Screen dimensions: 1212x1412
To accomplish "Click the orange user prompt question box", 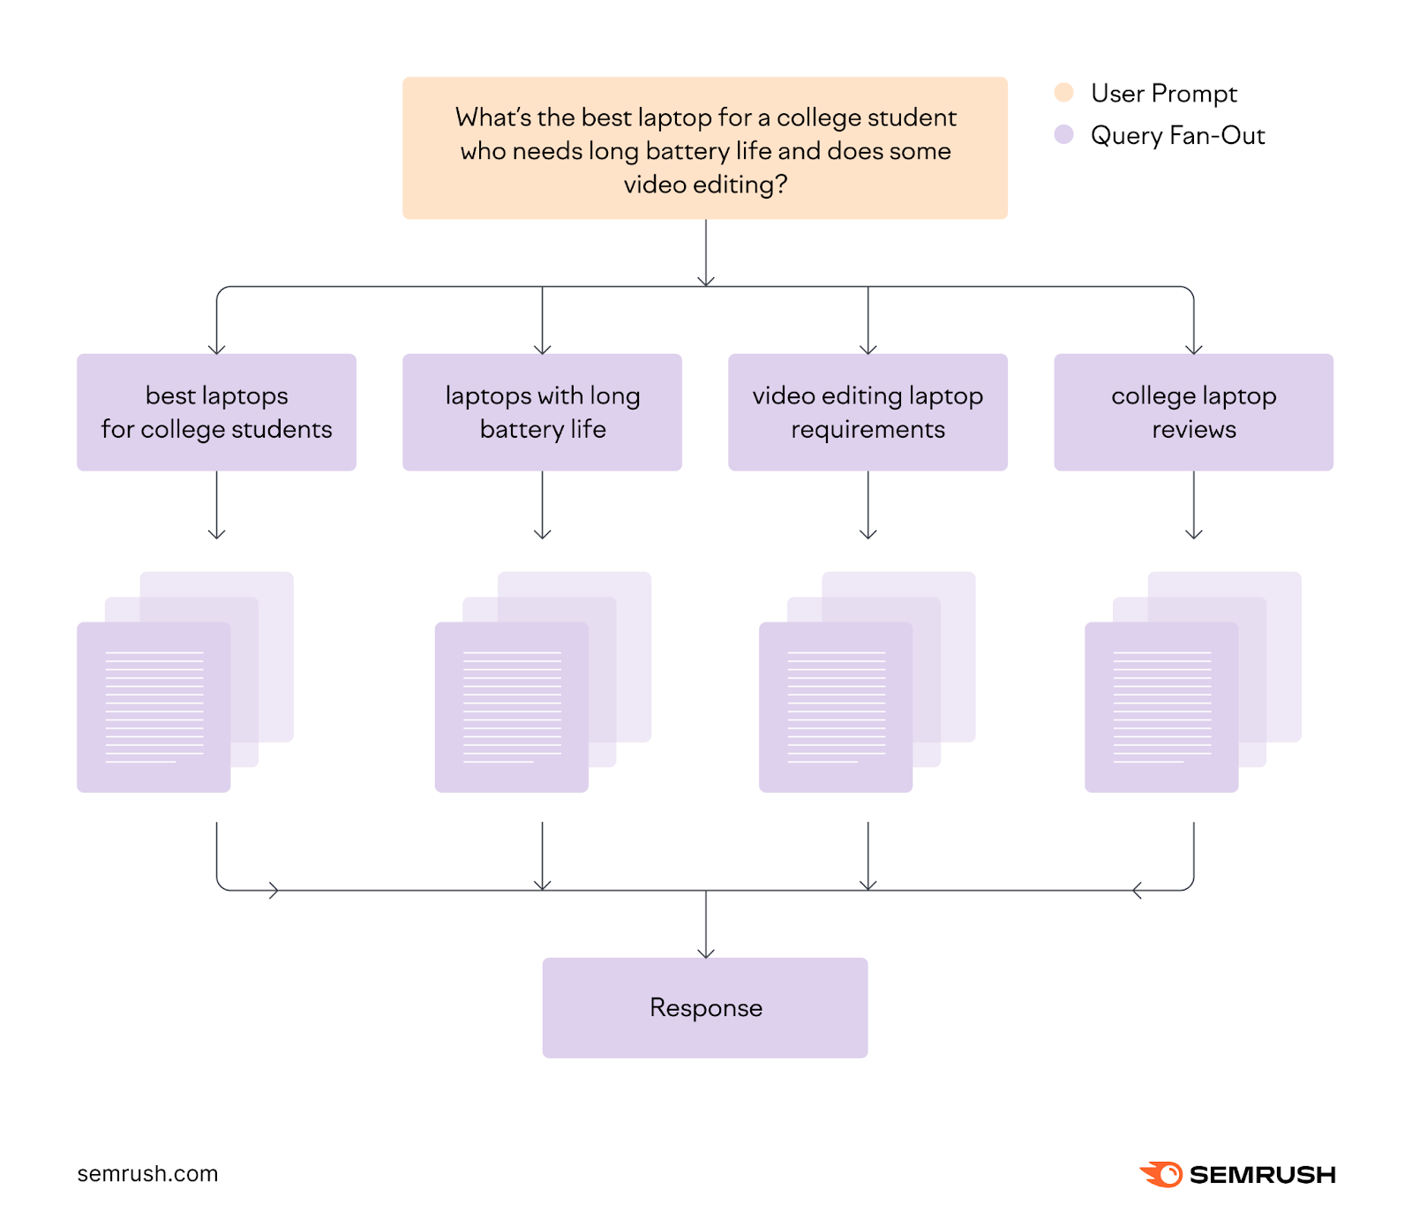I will [704, 147].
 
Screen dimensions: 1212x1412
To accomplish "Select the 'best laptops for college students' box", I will [216, 412].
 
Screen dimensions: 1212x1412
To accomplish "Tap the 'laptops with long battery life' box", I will [542, 412].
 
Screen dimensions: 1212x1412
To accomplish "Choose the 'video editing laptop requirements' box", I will [867, 412].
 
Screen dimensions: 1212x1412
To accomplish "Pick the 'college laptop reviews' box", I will [1193, 412].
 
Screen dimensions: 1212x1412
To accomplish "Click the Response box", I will [704, 1007].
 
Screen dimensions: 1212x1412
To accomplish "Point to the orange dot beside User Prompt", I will [1063, 93].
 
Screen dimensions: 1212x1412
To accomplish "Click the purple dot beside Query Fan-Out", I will [1063, 135].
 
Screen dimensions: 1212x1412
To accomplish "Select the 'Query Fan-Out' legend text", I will [1177, 135].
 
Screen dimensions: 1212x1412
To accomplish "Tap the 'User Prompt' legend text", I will [1163, 93].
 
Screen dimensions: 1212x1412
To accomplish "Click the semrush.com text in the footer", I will [147, 1173].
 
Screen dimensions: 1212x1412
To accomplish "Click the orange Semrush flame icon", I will [1161, 1174].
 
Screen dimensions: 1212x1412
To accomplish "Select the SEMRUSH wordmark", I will [1262, 1175].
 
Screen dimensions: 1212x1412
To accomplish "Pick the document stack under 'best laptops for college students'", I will [176, 689].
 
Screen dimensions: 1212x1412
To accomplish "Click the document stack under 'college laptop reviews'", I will [1183, 689].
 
